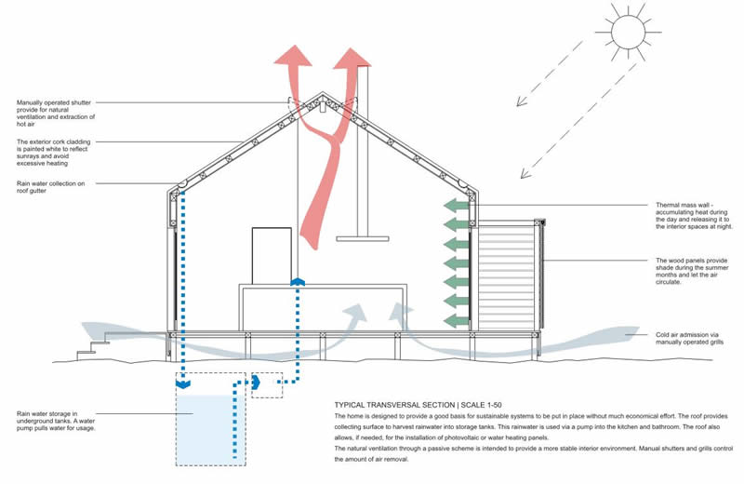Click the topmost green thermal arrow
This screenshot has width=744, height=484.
[x=454, y=205]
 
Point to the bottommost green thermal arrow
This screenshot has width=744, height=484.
[x=454, y=319]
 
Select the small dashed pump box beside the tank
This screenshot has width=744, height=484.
[x=267, y=385]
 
